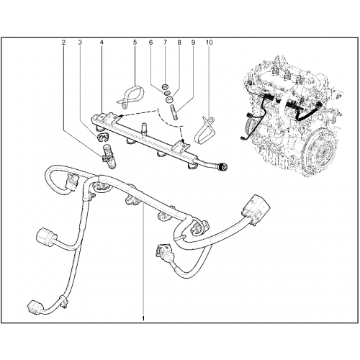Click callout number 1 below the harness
pos(143,318)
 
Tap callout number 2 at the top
pos(63,42)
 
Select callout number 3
pos(80,42)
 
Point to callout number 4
pos(102,42)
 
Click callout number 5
pos(135,42)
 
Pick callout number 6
pos(150,42)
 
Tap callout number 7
pos(165,42)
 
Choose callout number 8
pos(179,42)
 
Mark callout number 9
pos(193,42)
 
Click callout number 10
pos(209,42)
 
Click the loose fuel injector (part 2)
pos(109,156)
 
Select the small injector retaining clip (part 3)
pos(102,137)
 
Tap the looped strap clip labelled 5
pos(131,95)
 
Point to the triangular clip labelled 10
pos(204,130)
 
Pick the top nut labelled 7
pos(165,86)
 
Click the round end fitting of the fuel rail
pos(222,167)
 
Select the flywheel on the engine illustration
pos(320,150)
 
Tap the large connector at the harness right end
pos(256,210)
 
